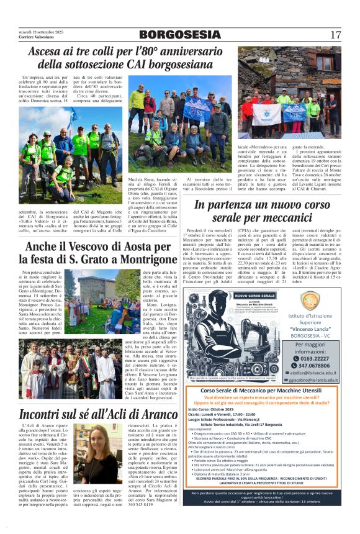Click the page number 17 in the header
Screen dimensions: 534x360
coord(335,35)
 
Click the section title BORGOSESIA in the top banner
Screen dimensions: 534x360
coord(179,35)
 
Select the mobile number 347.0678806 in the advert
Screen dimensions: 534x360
coord(313,366)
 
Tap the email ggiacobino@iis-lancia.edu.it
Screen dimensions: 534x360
coord(314,380)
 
